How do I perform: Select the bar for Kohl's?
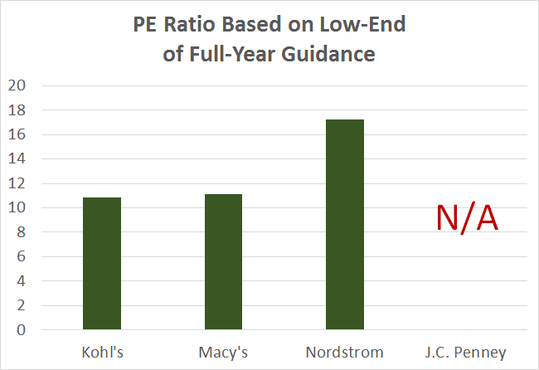click(102, 264)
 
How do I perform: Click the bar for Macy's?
click(223, 262)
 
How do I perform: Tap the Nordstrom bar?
click(344, 225)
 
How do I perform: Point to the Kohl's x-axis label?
click(104, 351)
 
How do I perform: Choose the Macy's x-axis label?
click(224, 351)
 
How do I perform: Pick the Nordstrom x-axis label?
click(345, 351)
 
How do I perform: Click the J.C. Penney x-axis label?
click(466, 351)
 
